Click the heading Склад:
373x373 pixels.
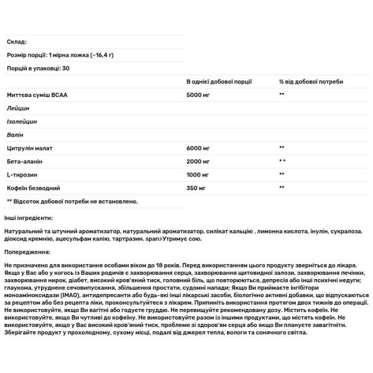pyautogui.click(x=16, y=42)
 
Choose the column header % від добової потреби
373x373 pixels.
pyautogui.click(x=311, y=81)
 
